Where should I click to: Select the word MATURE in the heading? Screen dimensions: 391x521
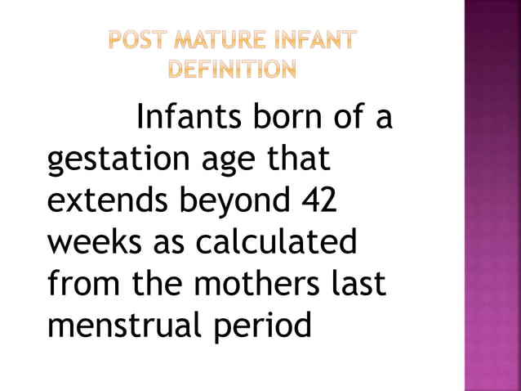(x=215, y=39)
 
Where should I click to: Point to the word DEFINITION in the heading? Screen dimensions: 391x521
(x=233, y=69)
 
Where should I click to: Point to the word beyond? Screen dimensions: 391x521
(x=233, y=201)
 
